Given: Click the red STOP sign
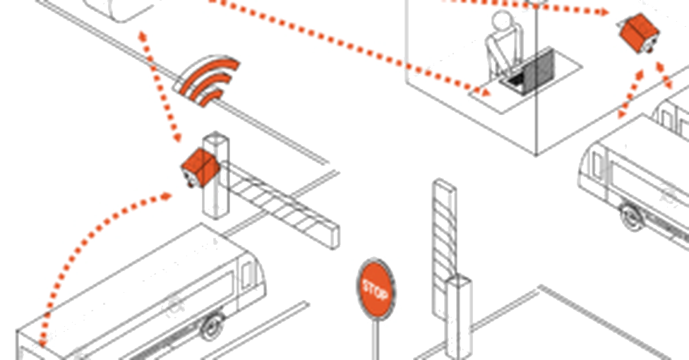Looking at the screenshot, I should (376, 289).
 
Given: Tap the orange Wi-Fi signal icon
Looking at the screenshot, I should (208, 80).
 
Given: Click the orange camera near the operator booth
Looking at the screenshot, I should (639, 32).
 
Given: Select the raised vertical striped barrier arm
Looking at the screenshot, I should (444, 240).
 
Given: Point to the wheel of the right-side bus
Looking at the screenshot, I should (632, 217).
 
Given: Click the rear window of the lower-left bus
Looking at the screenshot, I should (248, 275).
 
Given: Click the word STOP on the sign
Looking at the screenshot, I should (376, 289).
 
